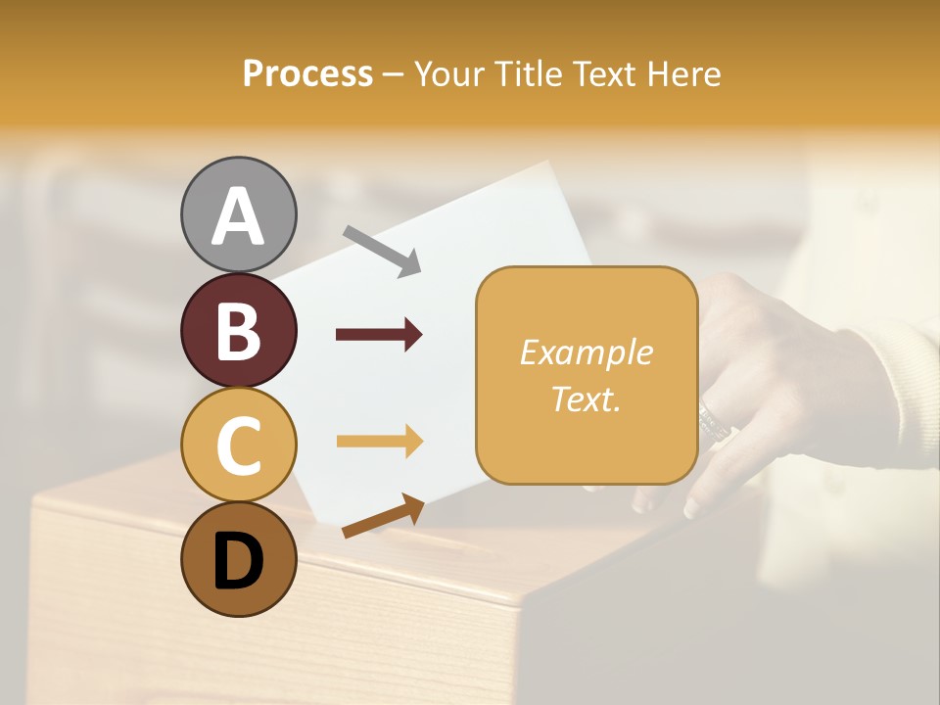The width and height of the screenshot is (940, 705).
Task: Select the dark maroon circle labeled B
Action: [x=239, y=330]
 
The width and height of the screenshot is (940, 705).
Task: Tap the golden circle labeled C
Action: [x=239, y=446]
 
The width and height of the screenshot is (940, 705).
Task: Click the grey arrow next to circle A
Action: [x=383, y=251]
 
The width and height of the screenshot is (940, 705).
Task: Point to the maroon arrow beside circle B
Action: [x=379, y=335]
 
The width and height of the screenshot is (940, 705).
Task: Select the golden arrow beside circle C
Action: [x=379, y=442]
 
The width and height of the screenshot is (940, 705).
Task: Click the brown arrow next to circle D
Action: [x=383, y=516]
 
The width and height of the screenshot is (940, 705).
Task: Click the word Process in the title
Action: [x=307, y=73]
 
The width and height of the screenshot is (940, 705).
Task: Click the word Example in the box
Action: [x=586, y=352]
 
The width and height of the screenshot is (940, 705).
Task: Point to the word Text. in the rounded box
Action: [x=586, y=399]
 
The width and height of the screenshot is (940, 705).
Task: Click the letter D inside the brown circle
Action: [x=239, y=564]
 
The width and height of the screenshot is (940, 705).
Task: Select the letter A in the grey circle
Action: [x=239, y=215]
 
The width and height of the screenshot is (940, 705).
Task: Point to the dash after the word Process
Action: [x=393, y=74]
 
